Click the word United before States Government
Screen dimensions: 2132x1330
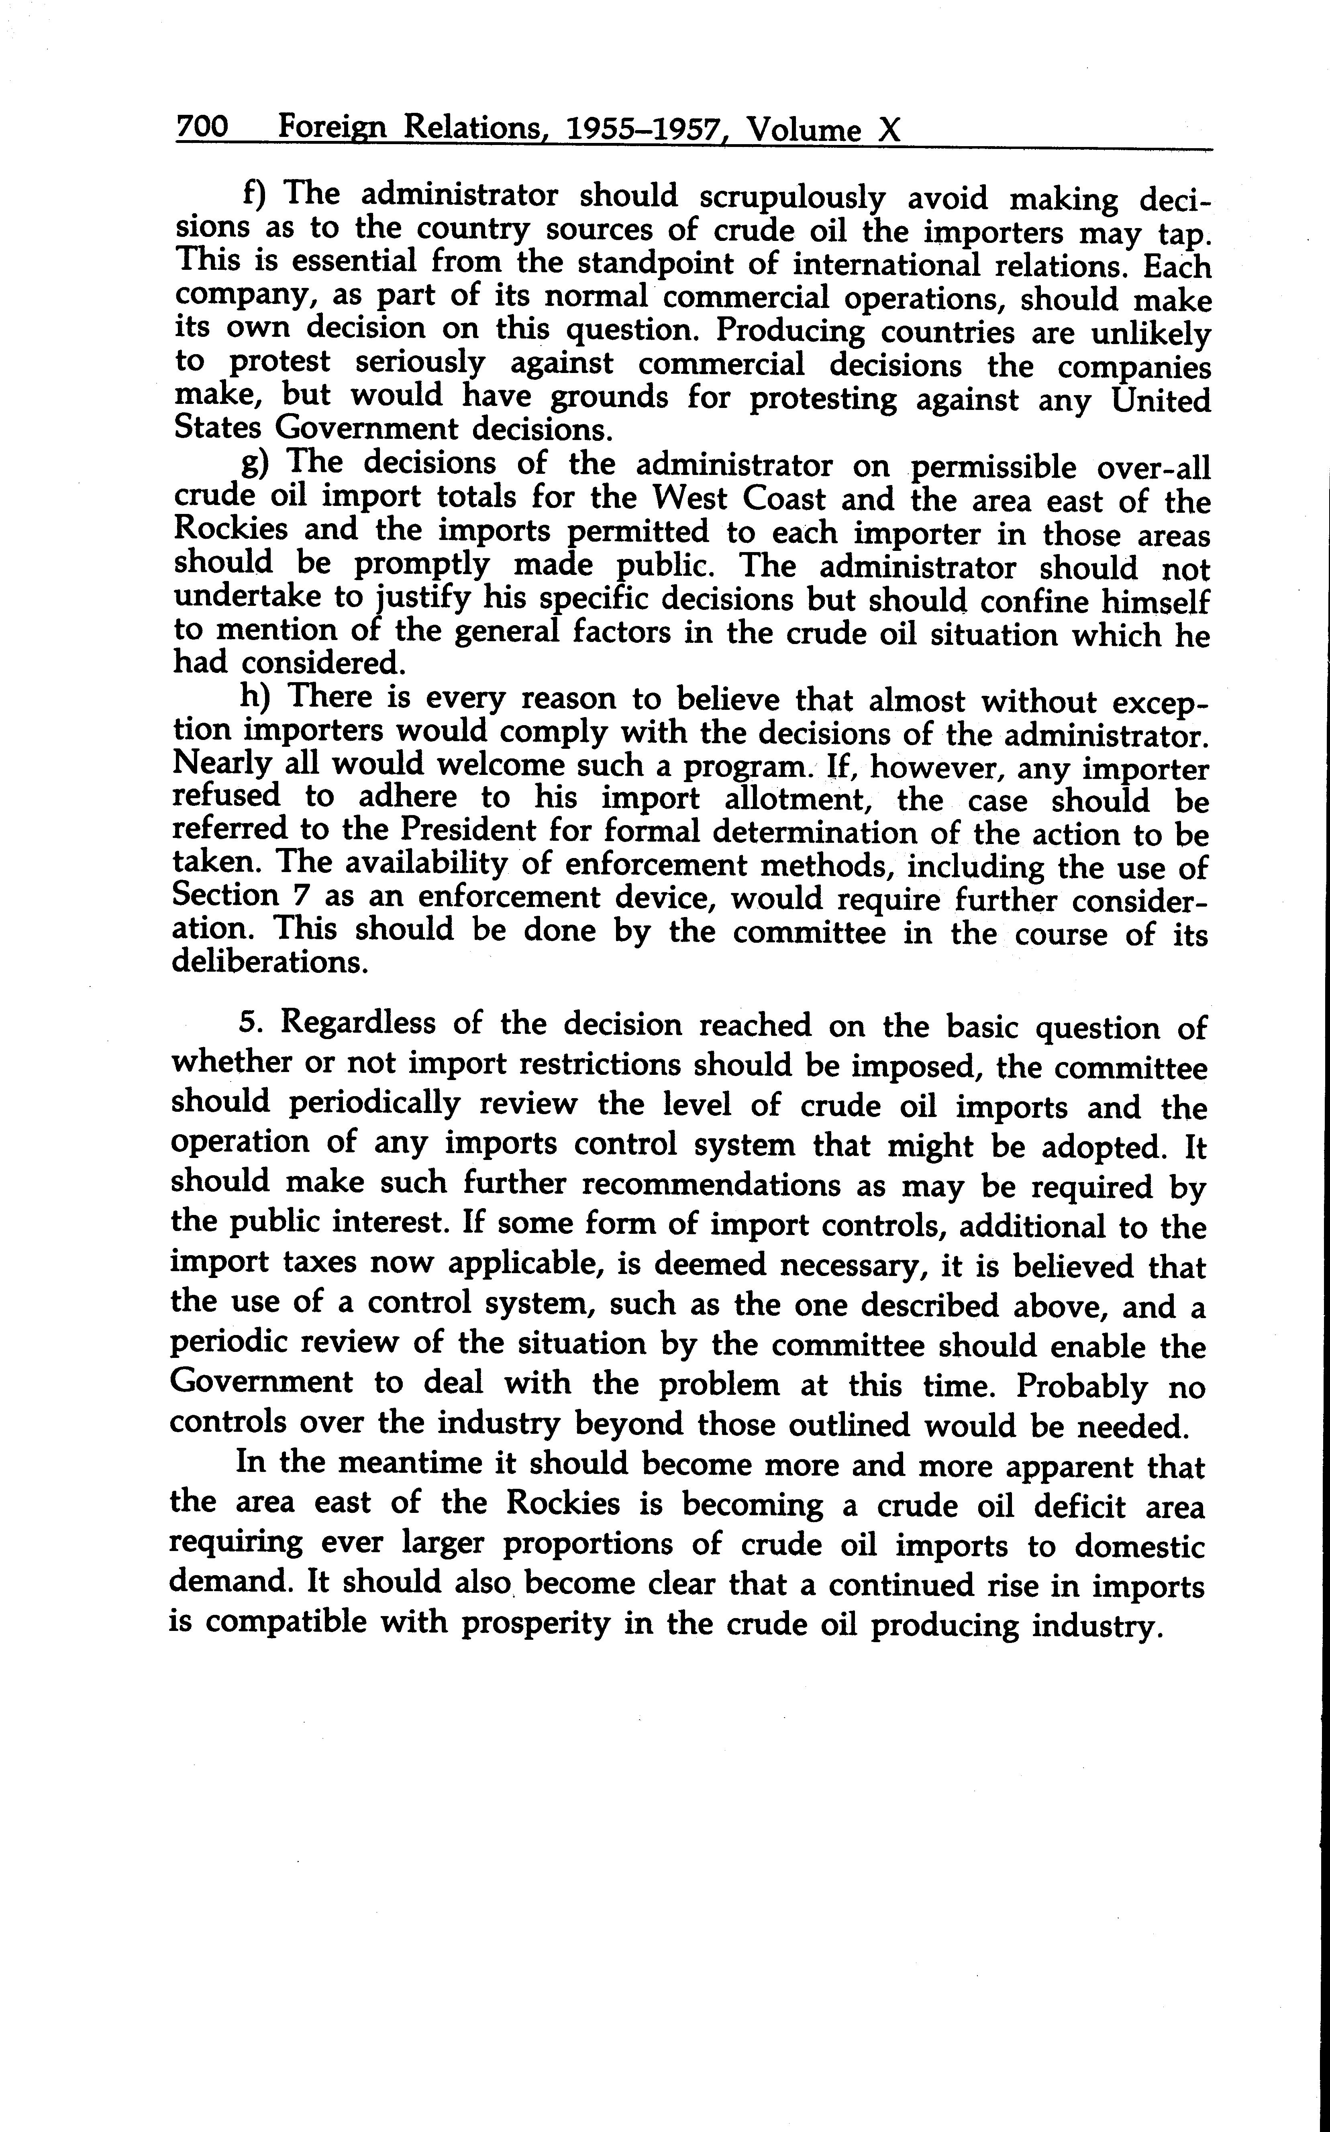[x=1160, y=400]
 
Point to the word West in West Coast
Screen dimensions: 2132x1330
[x=691, y=499]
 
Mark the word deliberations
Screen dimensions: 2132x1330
[x=267, y=962]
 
